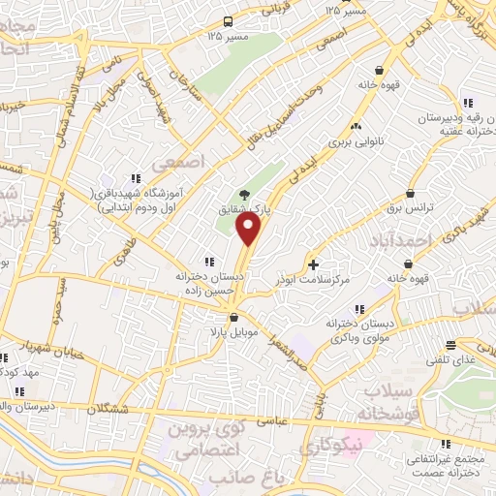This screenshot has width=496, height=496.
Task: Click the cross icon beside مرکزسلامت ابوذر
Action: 312,263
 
